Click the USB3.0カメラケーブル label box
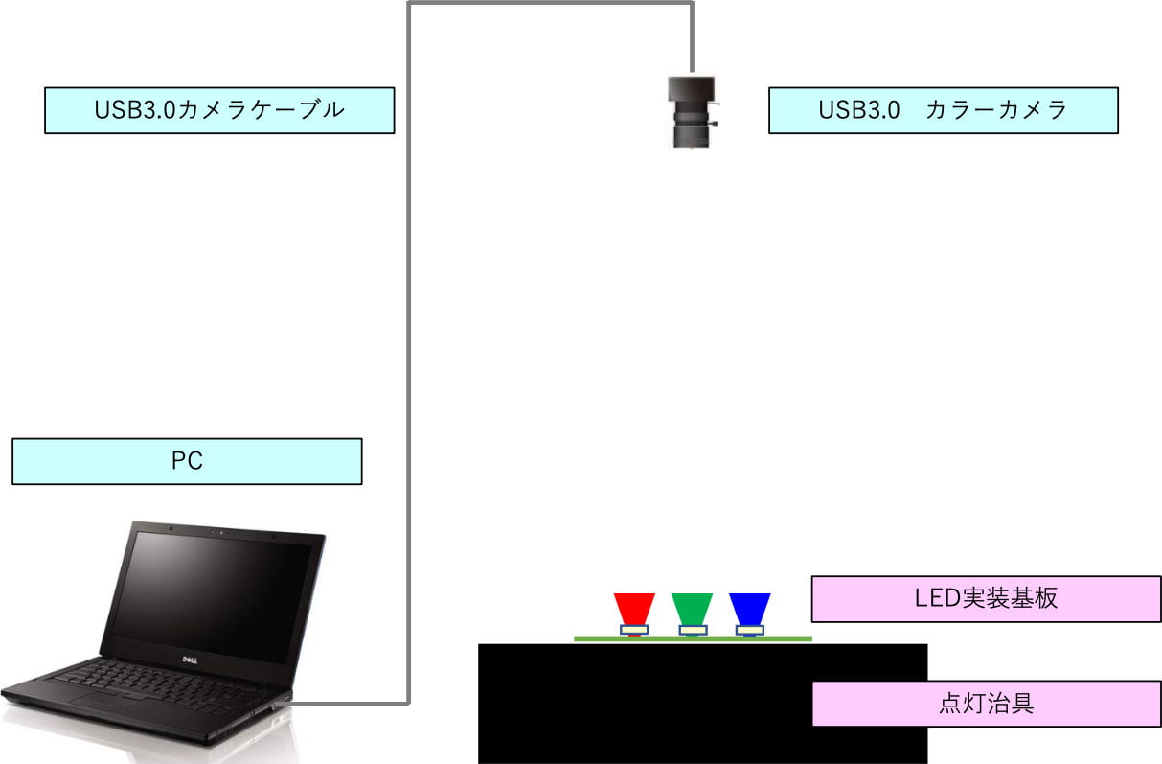[219, 110]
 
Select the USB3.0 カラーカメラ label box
[943, 110]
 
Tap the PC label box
[187, 461]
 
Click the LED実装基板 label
[986, 599]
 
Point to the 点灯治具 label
[986, 704]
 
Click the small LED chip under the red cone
[634, 630]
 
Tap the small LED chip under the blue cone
[749, 630]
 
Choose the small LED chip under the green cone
[692, 630]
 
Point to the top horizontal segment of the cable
[551, 3]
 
